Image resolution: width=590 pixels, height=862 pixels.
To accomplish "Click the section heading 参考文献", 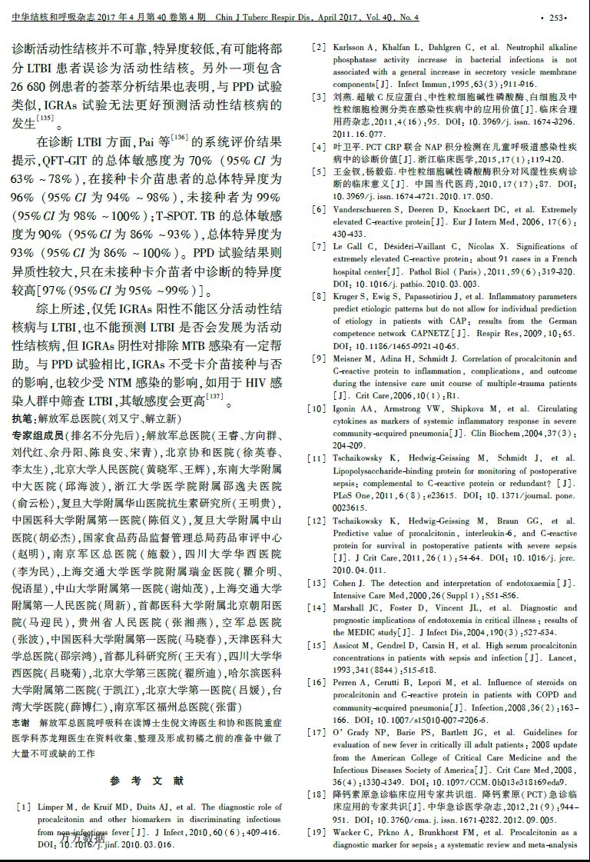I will [147, 780].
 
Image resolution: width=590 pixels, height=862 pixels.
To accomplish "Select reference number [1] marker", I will [24, 807].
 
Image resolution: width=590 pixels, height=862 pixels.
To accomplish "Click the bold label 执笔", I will [23, 419].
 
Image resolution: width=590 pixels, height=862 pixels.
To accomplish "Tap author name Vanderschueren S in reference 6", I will [367, 210].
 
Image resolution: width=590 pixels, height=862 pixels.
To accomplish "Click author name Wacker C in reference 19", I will [353, 833].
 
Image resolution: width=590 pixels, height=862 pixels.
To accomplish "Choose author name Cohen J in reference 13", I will [347, 583].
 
